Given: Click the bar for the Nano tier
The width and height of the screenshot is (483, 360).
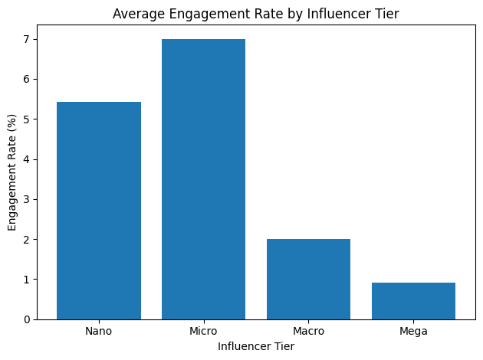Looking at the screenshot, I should (99, 211).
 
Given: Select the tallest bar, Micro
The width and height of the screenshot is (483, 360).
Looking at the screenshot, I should (203, 179).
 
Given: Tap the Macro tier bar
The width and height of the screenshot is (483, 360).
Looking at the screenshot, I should (308, 279).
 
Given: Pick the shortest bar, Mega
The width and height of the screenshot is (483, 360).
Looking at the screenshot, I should (413, 301).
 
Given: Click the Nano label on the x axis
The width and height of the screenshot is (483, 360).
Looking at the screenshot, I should (99, 331).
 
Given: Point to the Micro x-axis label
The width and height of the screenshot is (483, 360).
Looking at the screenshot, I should (203, 331).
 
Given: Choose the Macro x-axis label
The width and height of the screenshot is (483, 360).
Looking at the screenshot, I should (308, 331).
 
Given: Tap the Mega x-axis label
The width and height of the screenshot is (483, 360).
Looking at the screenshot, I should (413, 331).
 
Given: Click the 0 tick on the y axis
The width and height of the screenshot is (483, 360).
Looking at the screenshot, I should (27, 319).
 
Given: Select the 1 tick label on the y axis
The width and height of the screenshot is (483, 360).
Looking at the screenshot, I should (27, 280).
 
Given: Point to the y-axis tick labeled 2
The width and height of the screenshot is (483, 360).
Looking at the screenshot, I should (27, 240).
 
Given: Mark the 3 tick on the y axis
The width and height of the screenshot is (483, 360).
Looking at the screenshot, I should (27, 199).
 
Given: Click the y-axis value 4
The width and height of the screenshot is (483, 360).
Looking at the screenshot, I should (27, 159).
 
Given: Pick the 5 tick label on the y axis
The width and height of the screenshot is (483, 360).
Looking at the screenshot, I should (27, 119).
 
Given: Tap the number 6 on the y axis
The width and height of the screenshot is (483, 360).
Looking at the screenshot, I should (27, 79).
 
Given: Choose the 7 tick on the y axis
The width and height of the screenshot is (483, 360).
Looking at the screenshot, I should (27, 39).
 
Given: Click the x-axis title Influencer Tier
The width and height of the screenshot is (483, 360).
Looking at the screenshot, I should (256, 346).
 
